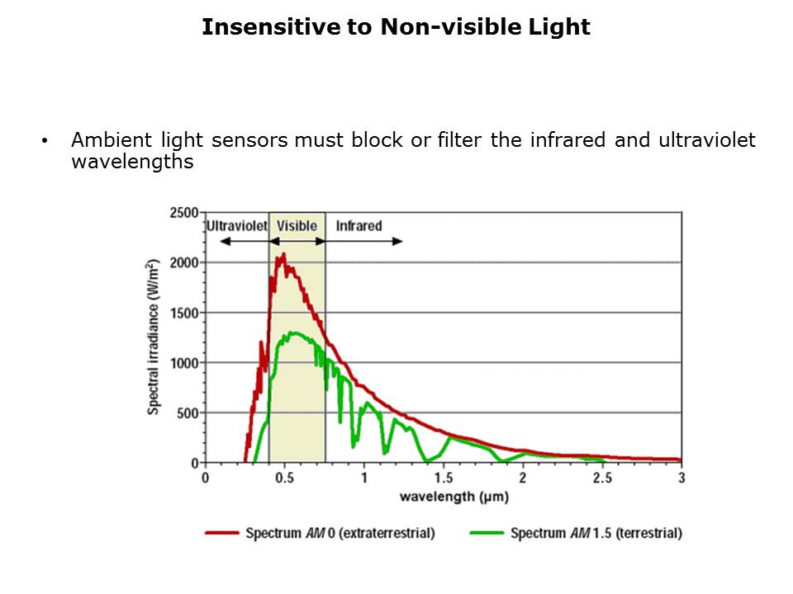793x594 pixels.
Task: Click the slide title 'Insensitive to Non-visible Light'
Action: pyautogui.click(x=396, y=27)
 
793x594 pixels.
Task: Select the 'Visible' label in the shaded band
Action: pyautogui.click(x=297, y=226)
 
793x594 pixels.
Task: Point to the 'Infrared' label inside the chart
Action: pyautogui.click(x=359, y=226)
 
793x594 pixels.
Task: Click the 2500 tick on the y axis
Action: pyautogui.click(x=183, y=213)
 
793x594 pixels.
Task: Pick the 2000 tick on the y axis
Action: pyautogui.click(x=183, y=262)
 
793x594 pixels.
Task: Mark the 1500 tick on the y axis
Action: pyautogui.click(x=183, y=313)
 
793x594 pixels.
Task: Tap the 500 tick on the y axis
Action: pyautogui.click(x=187, y=412)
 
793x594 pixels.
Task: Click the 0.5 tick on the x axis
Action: pyautogui.click(x=284, y=478)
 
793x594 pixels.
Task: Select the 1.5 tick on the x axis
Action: pyautogui.click(x=443, y=478)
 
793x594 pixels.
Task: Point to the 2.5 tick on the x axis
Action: pyautogui.click(x=602, y=478)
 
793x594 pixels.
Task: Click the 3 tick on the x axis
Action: pyautogui.click(x=681, y=478)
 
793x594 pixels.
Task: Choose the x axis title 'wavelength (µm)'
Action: pyautogui.click(x=443, y=497)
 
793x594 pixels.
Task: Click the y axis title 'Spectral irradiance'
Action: pyautogui.click(x=153, y=336)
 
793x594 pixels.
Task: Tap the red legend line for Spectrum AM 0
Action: pyautogui.click(x=222, y=533)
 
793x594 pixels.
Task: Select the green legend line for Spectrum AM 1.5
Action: pyautogui.click(x=487, y=533)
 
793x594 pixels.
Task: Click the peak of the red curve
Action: pyautogui.click(x=283, y=254)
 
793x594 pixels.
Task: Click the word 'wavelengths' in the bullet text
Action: pyautogui.click(x=132, y=162)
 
